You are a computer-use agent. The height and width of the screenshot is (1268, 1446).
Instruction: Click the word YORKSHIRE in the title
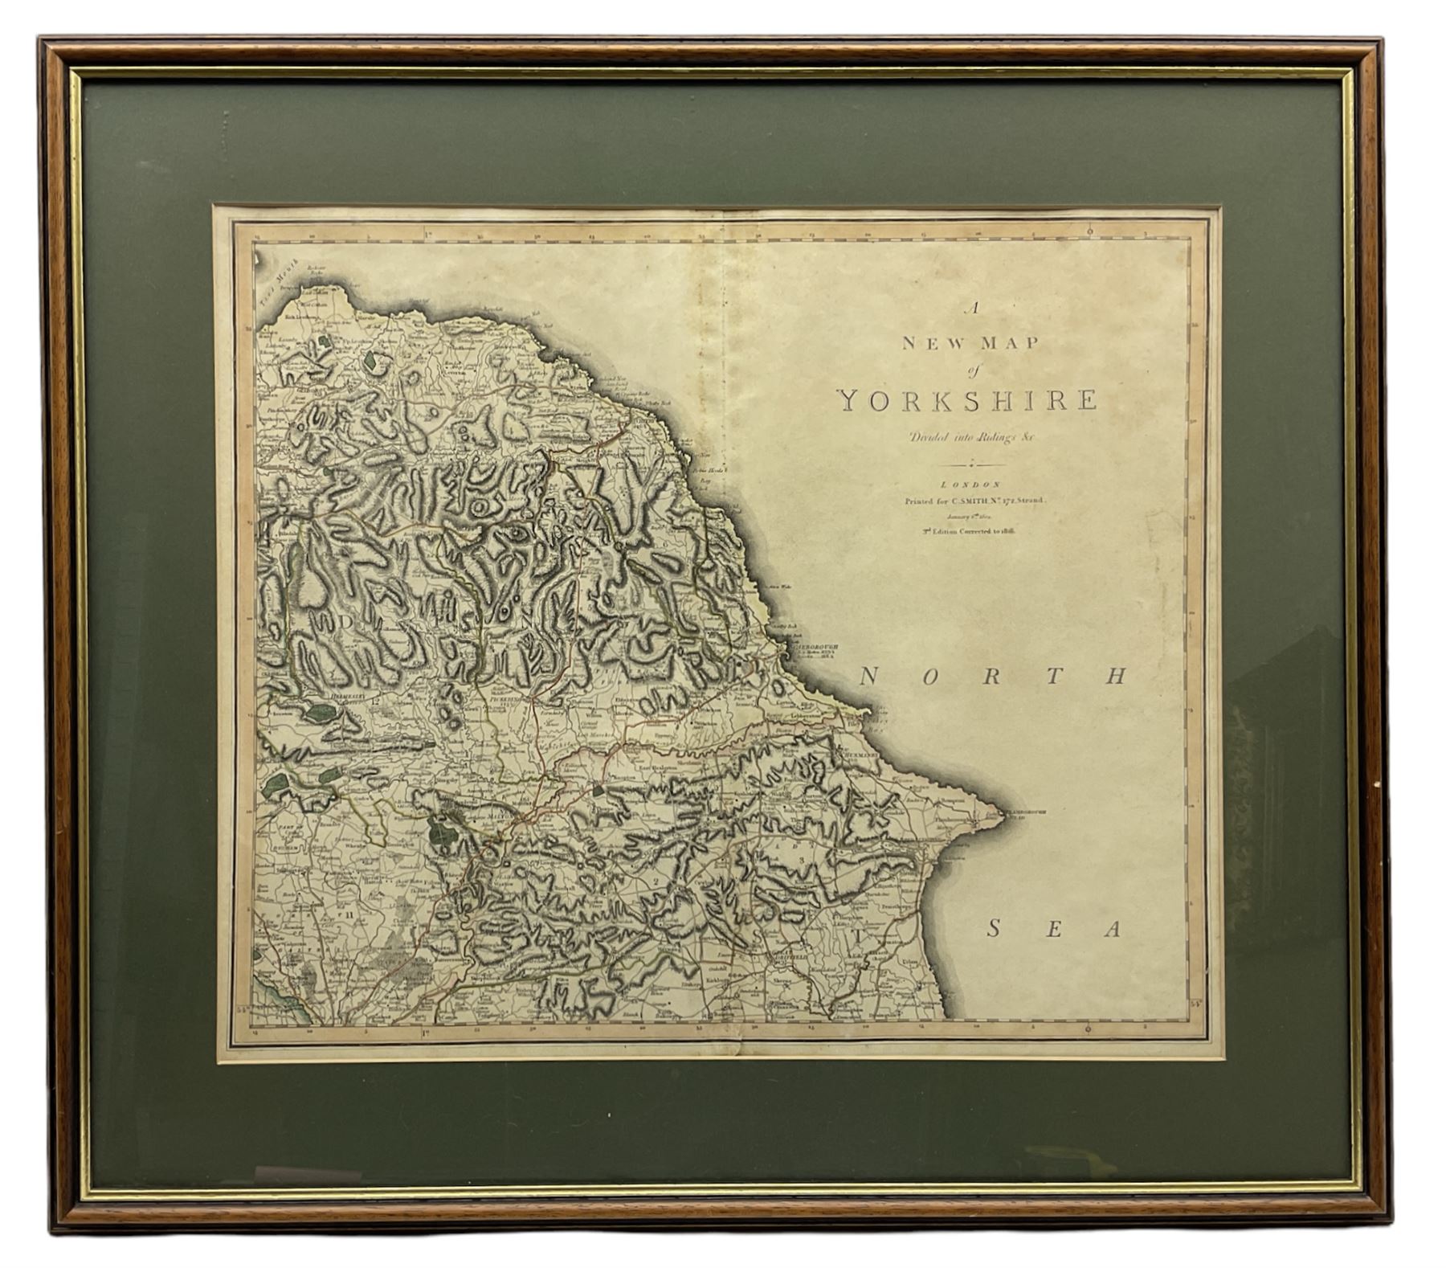click(967, 399)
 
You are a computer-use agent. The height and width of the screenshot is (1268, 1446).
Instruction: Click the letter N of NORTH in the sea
click(868, 677)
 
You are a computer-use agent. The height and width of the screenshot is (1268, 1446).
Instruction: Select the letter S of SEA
click(993, 930)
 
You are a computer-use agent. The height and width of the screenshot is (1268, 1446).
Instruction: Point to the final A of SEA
click(1112, 930)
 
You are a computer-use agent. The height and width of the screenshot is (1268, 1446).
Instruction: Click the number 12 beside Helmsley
click(375, 701)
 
